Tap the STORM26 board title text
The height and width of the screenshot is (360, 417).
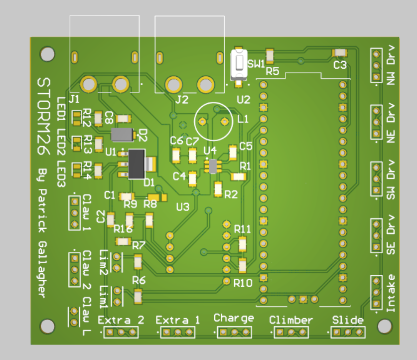[44, 116]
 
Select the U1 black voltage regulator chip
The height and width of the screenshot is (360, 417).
[137, 164]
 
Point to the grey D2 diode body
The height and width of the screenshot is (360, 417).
[122, 135]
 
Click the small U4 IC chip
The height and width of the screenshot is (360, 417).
[213, 166]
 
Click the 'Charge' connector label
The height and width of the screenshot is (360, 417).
[234, 318]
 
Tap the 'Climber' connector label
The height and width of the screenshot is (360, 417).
[291, 320]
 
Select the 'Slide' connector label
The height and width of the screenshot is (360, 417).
[348, 320]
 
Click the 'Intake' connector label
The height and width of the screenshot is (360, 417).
[391, 293]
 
